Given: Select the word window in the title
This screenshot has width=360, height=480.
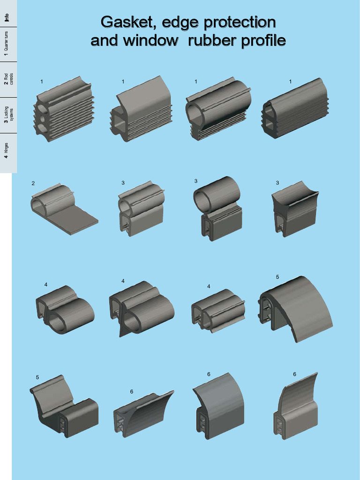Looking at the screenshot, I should (150, 41).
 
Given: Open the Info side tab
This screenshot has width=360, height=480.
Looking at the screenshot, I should (7, 17).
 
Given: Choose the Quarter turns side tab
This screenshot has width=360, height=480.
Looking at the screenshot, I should (6, 44).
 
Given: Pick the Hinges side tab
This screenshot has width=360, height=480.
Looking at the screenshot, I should (6, 151).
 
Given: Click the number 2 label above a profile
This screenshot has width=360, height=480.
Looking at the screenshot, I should (33, 183).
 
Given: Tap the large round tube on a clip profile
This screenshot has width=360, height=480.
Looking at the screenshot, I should (217, 193).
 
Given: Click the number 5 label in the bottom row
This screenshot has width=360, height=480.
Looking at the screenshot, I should (37, 377).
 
